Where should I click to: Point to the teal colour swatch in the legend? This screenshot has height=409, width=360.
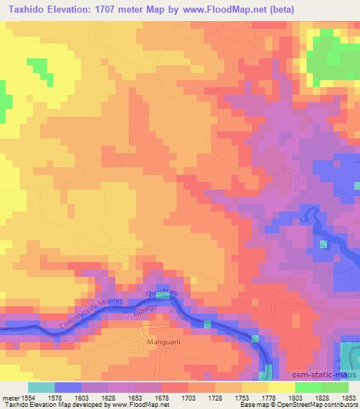pyautogui.click(x=41, y=387)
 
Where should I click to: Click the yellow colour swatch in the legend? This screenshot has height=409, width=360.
pyautogui.click(x=281, y=387)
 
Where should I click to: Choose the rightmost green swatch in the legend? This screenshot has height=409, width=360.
pyautogui.click(x=335, y=387)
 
